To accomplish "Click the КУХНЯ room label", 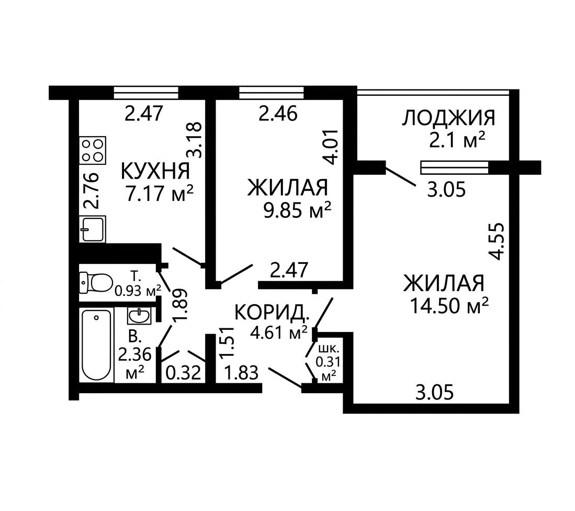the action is point(155,171).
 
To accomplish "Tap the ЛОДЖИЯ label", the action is point(449,118).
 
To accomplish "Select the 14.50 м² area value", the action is point(449,305).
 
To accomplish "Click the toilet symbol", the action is point(96,283).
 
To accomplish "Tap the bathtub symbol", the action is point(96,345).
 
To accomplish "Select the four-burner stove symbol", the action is point(93,150).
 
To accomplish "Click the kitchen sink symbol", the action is point(93,229).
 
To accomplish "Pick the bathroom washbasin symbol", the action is point(139,316).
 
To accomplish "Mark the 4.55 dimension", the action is point(497,241).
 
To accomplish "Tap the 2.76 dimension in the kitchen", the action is point(90,191).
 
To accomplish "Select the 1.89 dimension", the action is point(181,305).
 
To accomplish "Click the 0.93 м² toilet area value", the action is point(138,291).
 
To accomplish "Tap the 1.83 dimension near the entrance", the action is point(242,373).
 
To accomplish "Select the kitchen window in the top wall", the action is point(146,93).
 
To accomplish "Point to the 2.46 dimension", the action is point(278,114).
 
